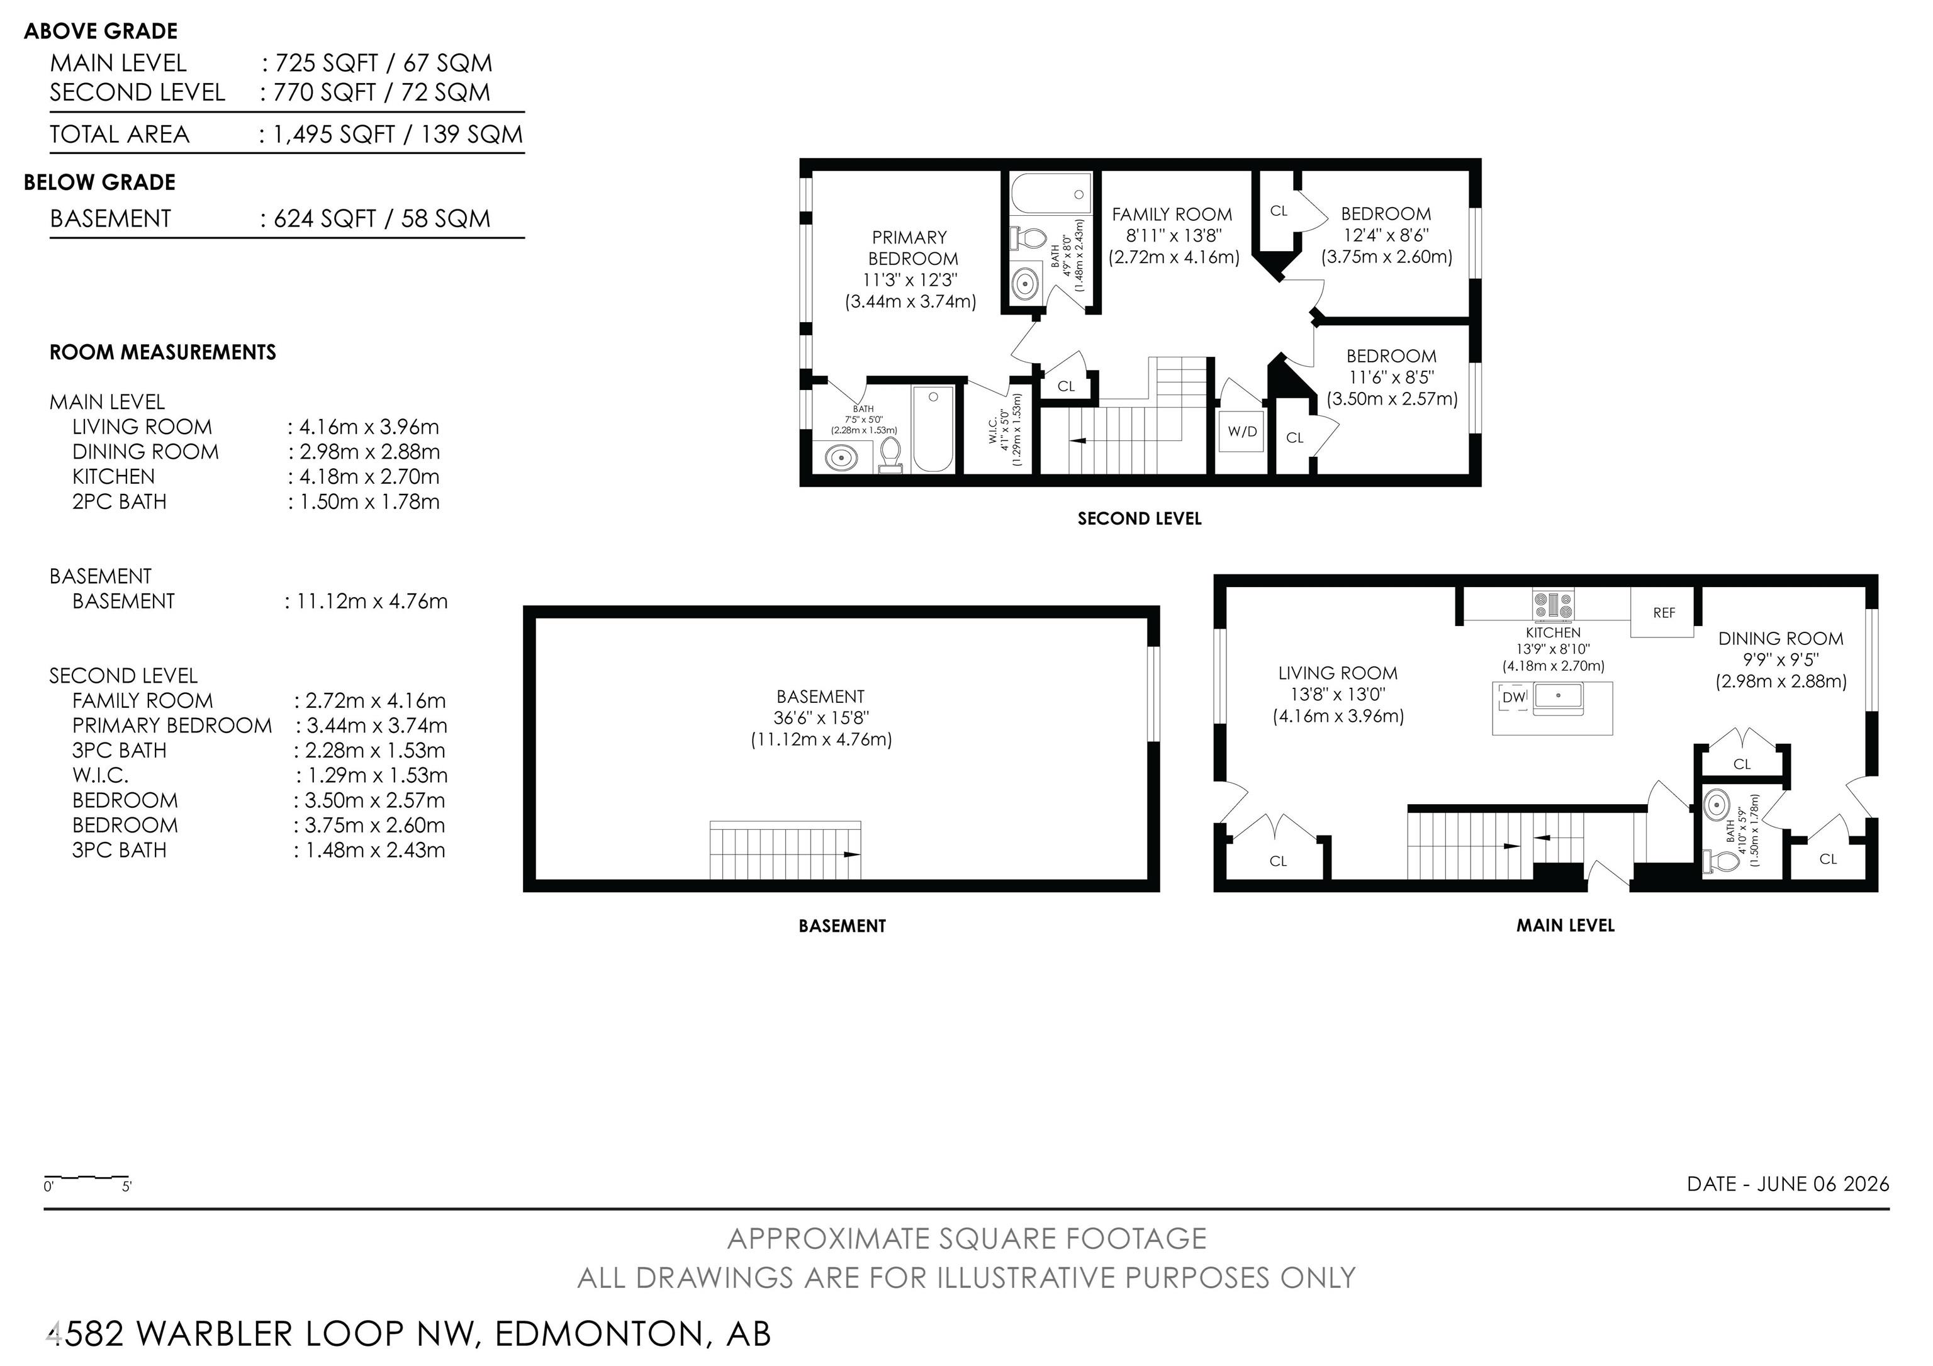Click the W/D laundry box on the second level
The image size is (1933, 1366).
pos(1242,432)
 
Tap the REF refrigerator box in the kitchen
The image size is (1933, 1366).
pos(1663,613)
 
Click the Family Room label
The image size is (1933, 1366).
pos(1172,215)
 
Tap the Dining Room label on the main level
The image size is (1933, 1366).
pos(1781,639)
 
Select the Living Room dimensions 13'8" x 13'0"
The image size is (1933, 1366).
pos(1338,695)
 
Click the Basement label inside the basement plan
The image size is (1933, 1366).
pos(821,697)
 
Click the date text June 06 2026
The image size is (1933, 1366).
pos(1823,1184)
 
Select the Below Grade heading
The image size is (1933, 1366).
pos(99,182)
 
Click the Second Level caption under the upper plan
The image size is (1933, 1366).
pos(1139,518)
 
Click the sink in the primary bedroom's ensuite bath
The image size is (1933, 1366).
pos(841,458)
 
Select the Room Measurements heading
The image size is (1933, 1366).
pos(162,352)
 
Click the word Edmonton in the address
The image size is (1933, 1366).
pos(598,1334)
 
